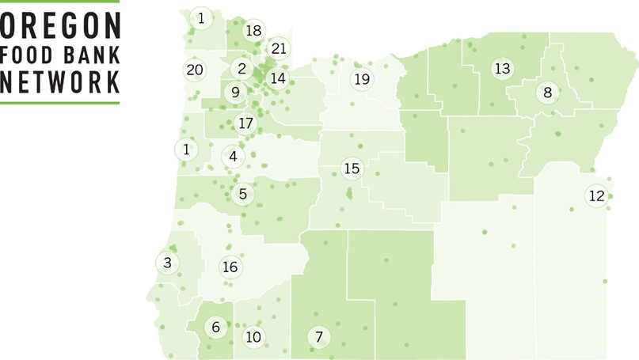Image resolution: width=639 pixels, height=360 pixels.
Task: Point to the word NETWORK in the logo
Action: [61, 82]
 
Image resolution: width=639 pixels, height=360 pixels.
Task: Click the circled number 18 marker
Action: [253, 30]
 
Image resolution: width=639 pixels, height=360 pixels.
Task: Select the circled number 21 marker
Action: [279, 49]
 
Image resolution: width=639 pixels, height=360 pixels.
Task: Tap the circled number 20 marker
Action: [195, 70]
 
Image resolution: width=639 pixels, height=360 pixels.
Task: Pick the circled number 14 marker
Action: [277, 78]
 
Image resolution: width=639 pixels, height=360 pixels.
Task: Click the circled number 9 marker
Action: [235, 93]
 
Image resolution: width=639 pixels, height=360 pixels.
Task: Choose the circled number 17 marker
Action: [245, 123]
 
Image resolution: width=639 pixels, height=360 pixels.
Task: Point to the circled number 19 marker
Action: [362, 79]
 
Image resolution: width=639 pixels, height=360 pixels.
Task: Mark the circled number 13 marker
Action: [502, 69]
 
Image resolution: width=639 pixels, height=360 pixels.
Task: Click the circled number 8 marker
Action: [548, 93]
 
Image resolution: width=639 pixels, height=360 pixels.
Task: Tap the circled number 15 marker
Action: [352, 169]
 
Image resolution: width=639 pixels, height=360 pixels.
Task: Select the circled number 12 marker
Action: [597, 195]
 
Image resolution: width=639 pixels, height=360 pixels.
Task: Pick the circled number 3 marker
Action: [167, 263]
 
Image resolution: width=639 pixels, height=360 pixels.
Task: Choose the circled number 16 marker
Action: [230, 267]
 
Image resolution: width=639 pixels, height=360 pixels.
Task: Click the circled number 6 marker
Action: [215, 326]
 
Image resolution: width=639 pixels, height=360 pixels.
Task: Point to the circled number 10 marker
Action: [253, 337]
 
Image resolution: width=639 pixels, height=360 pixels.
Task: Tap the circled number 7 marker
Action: [319, 337]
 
